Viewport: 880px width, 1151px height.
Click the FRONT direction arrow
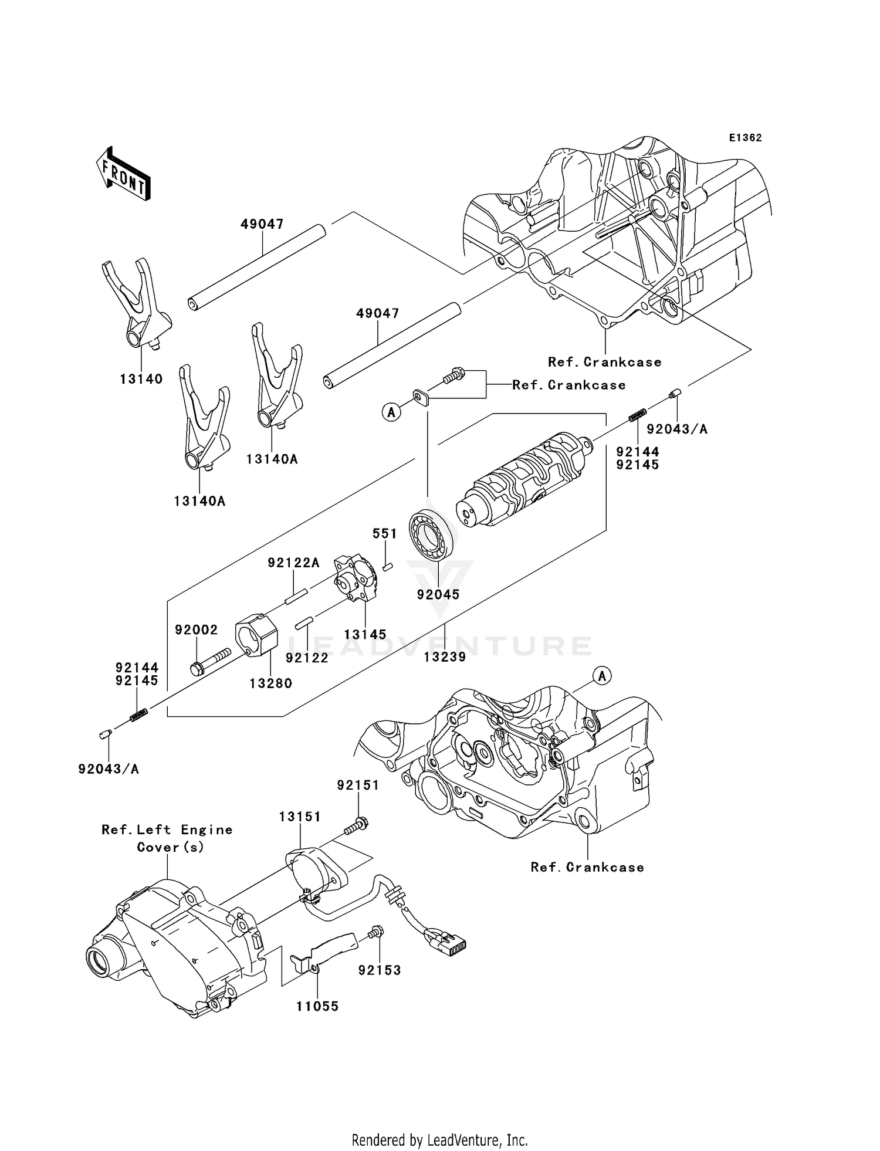coord(123,175)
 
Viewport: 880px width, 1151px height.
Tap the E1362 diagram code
coord(745,138)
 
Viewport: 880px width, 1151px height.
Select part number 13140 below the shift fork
coord(141,379)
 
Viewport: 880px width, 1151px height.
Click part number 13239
coord(445,657)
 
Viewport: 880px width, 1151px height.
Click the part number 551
coord(384,534)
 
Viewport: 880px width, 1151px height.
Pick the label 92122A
coord(293,563)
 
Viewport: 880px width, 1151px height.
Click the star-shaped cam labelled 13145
coord(354,581)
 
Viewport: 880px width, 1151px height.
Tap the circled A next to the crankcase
coord(602,676)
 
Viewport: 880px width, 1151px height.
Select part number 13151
coord(299,817)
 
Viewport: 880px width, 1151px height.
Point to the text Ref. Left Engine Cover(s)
coord(167,838)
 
